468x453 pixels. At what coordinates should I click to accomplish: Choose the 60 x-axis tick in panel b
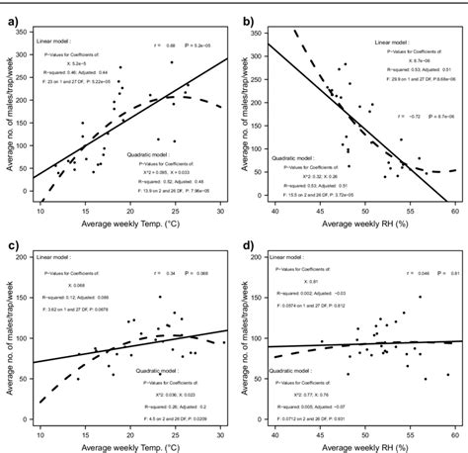click(x=453, y=211)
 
